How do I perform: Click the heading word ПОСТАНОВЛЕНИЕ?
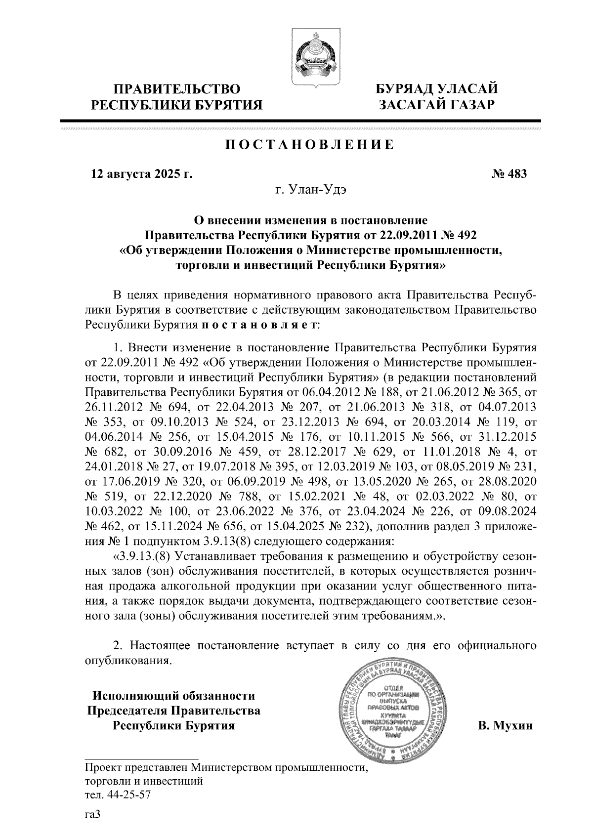[310, 145]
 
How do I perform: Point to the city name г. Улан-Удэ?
[311, 190]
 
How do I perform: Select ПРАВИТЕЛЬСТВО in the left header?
[178, 89]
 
